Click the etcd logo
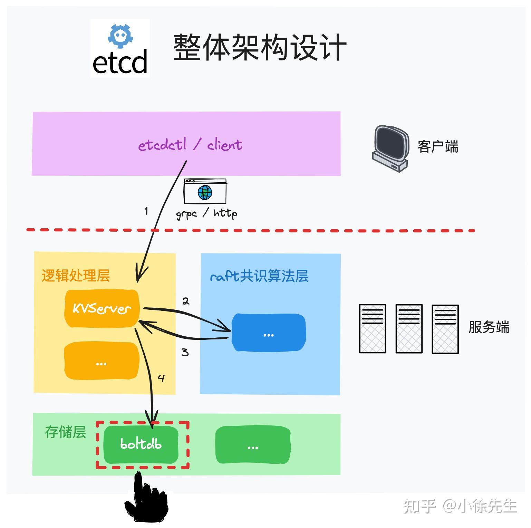120,49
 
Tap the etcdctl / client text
190,145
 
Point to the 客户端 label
437,147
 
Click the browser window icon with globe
205,191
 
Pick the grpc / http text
206,214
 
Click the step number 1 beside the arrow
146,211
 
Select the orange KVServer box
102,308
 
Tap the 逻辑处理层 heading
76,276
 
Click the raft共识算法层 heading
259,276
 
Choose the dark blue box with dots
268,333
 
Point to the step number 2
186,301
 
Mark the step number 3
185,352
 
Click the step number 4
161,378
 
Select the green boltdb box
141,444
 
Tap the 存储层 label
65,432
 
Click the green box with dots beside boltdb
253,445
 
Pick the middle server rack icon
409,328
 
